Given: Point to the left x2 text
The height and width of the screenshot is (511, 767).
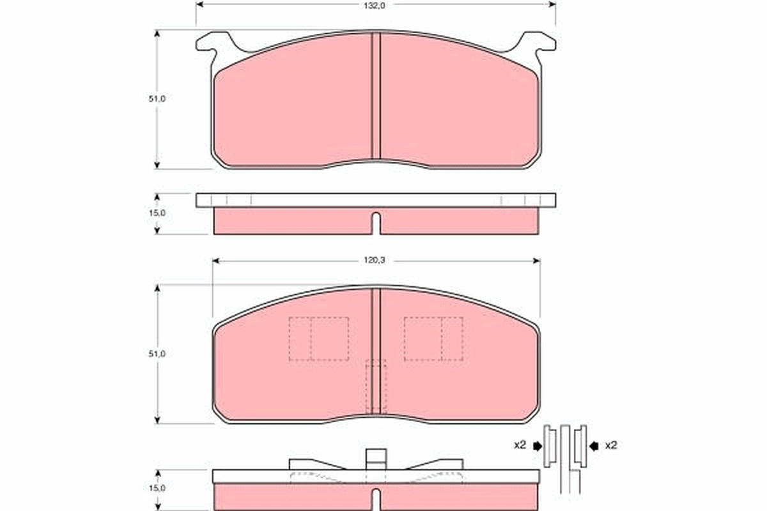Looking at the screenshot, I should pyautogui.click(x=520, y=445).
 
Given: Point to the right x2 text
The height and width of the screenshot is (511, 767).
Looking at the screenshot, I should pyautogui.click(x=612, y=445).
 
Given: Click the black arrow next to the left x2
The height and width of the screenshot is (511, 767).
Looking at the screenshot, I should pyautogui.click(x=536, y=445).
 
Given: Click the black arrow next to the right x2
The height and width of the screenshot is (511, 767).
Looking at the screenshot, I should pyautogui.click(x=594, y=445).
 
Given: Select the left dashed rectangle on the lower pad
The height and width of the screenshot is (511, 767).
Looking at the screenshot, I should pyautogui.click(x=318, y=339).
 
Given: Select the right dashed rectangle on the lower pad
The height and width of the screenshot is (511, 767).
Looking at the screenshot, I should pyautogui.click(x=433, y=339).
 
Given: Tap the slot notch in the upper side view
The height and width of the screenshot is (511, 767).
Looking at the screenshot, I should pyautogui.click(x=376, y=222).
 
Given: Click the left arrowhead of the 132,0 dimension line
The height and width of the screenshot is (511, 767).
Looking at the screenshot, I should pyautogui.click(x=199, y=4).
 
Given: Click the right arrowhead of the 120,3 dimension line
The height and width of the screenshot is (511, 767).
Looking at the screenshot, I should pyautogui.click(x=536, y=261).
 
